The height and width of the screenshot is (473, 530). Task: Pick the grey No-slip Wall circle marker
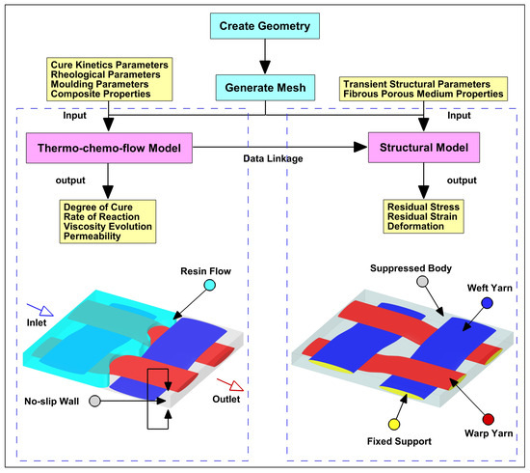pos(94,400)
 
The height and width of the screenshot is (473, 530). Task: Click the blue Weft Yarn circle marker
pos(488,302)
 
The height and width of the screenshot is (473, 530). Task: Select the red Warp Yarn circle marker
pos(489,421)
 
